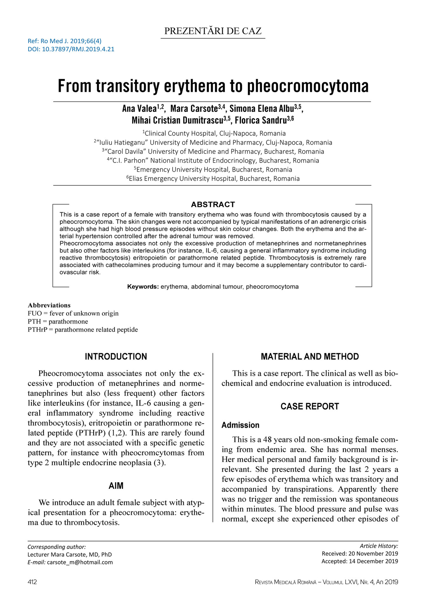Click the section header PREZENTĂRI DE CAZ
(213, 31)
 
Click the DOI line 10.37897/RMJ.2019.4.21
(71, 49)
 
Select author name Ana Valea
(139, 109)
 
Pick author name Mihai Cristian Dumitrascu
(177, 120)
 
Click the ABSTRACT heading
(213, 204)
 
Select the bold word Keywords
(143, 287)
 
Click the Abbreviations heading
(49, 305)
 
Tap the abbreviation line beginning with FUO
(73, 313)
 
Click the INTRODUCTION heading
(116, 357)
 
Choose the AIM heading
(116, 486)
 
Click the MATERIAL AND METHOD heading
(310, 357)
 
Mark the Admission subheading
(240, 425)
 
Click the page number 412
(32, 582)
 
